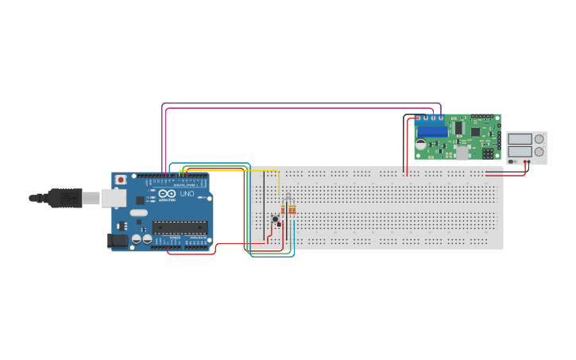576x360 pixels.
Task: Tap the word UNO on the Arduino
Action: pyautogui.click(x=187, y=194)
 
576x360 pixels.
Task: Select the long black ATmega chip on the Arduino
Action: pyautogui.click(x=180, y=227)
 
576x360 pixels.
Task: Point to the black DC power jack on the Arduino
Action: pyautogui.click(x=117, y=239)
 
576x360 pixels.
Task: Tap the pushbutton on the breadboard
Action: pyautogui.click(x=276, y=219)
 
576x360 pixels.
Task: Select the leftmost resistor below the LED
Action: pyautogui.click(x=288, y=210)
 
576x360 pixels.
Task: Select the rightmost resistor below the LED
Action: pyautogui.click(x=294, y=210)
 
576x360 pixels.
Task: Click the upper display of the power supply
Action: pyautogui.click(x=520, y=138)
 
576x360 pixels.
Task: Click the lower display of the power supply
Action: pyautogui.click(x=520, y=151)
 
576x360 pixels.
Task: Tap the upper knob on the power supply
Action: pyautogui.click(x=539, y=138)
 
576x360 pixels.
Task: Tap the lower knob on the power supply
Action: pyautogui.click(x=539, y=151)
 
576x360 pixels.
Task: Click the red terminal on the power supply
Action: pyautogui.click(x=525, y=162)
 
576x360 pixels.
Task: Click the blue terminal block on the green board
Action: pyautogui.click(x=432, y=131)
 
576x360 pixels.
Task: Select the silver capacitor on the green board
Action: pyautogui.click(x=420, y=145)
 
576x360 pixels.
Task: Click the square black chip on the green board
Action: pyautogui.click(x=476, y=132)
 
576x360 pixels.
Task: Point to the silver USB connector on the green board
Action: pyautogui.click(x=462, y=153)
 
